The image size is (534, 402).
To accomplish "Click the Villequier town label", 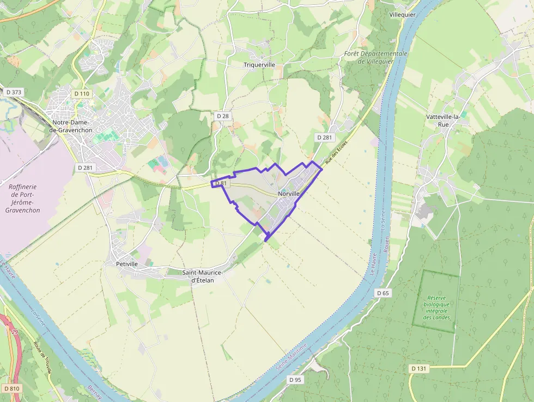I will (403, 14).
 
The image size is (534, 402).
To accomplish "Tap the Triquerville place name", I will (259, 64).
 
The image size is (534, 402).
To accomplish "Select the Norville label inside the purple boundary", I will (289, 194).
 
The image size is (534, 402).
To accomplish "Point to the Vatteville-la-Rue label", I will (442, 120).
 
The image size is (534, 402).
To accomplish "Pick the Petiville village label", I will (127, 263).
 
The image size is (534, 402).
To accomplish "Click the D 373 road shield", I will (13, 92).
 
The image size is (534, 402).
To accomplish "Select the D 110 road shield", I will (81, 94).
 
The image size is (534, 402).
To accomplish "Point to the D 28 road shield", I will (222, 116).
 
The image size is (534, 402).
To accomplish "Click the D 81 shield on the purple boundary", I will (221, 184).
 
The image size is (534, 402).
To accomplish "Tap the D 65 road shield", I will (383, 293).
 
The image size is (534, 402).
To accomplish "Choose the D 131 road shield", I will (418, 369).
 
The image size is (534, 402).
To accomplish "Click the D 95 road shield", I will (295, 379).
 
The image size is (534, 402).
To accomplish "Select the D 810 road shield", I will (11, 388).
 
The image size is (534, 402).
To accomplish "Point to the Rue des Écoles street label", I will (336, 153).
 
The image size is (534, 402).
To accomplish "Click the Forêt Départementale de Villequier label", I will (375, 57).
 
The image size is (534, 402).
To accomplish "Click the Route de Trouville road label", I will (43, 358).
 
